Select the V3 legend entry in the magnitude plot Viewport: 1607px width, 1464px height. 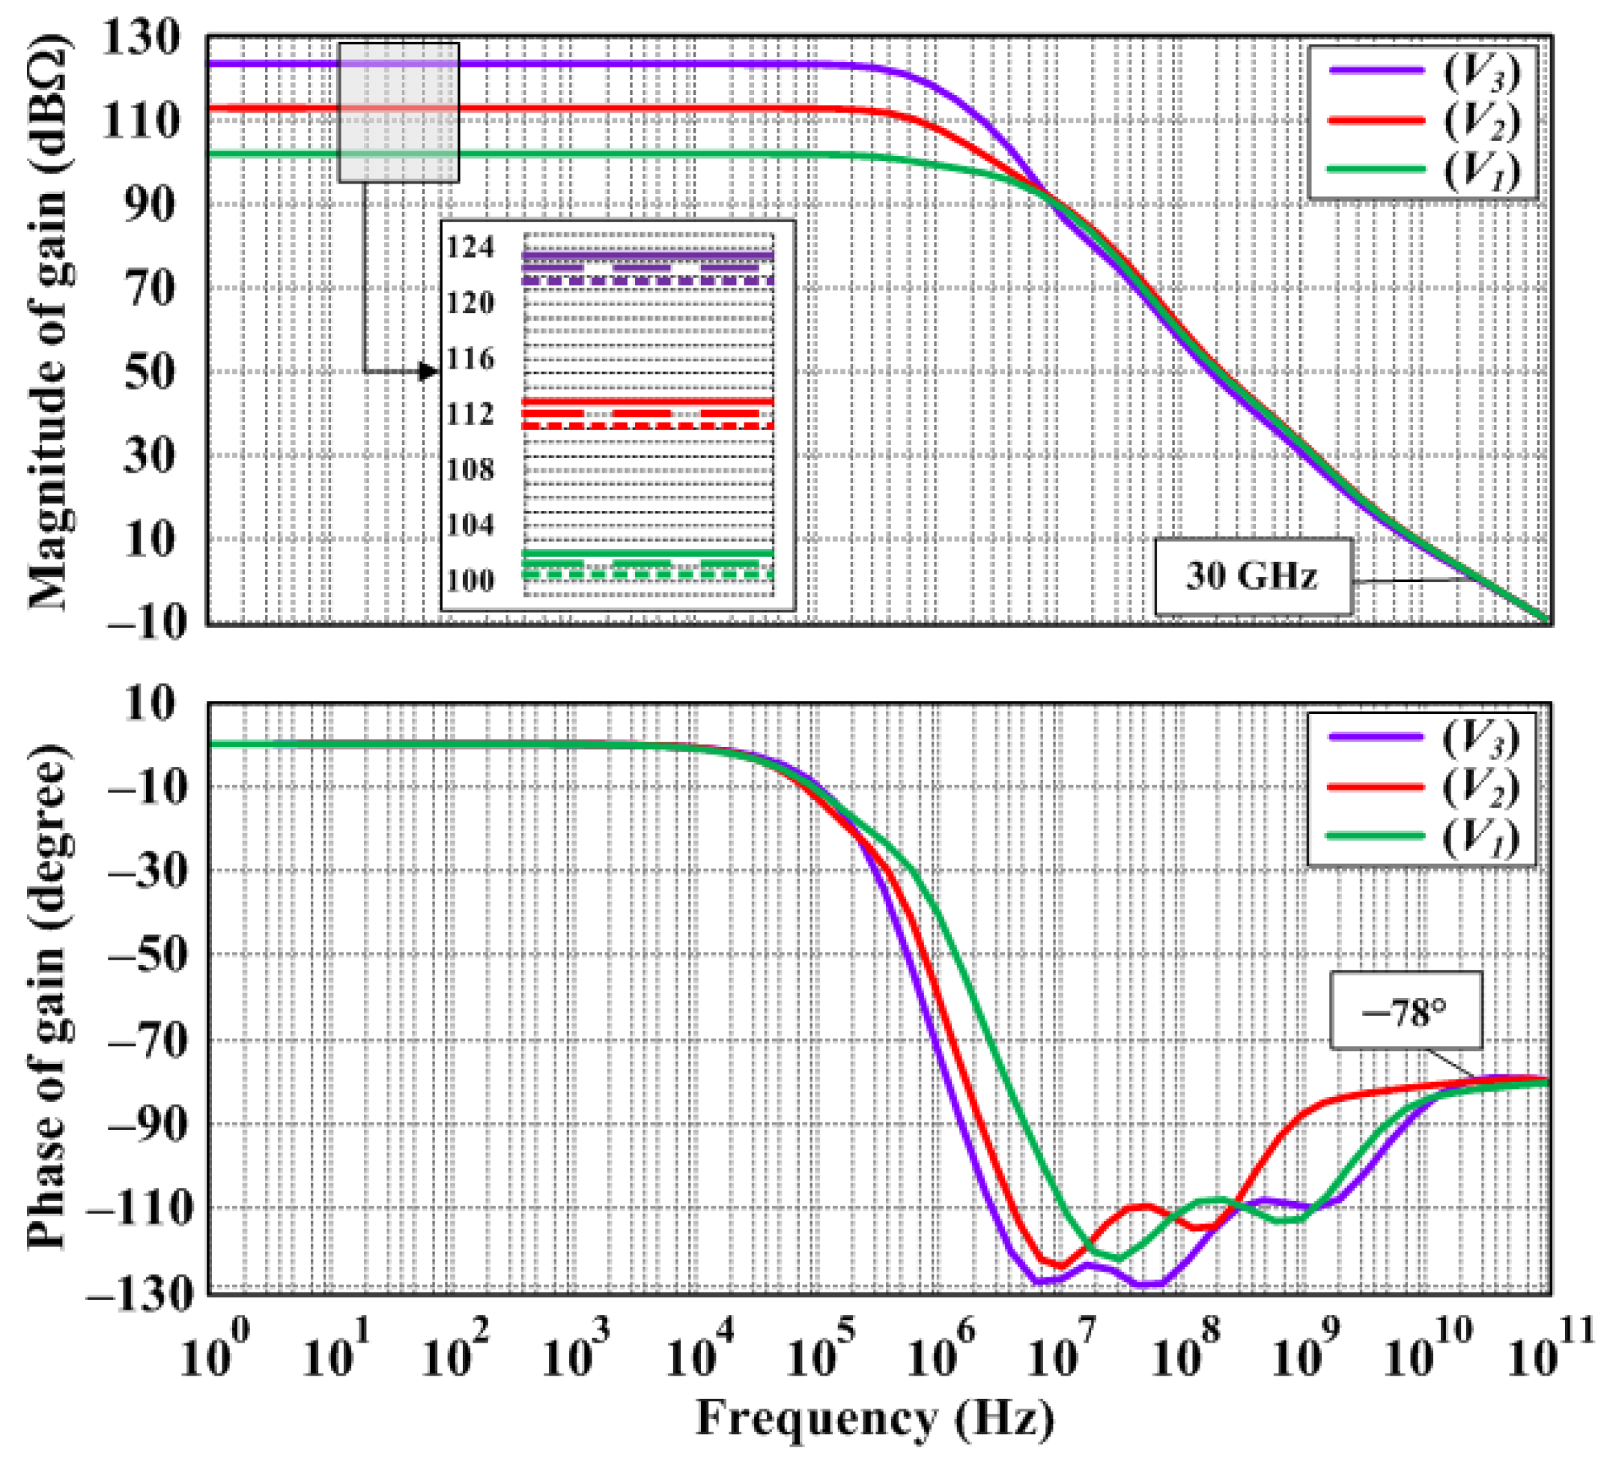(1422, 71)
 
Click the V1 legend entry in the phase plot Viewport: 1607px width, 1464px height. (1422, 835)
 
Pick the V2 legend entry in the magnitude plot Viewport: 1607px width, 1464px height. (1422, 121)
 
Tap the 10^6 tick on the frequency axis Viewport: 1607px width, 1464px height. (941, 1355)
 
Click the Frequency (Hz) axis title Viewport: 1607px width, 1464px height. (875, 1419)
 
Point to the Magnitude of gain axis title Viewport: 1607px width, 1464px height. (49, 323)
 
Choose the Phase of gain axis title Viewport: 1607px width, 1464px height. (49, 996)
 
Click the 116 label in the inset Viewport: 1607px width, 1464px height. (470, 359)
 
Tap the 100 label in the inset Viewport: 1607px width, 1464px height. (470, 581)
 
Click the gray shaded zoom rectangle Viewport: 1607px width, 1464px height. (398, 112)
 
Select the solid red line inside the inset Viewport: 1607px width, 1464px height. (648, 401)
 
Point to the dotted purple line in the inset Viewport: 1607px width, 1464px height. (648, 281)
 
